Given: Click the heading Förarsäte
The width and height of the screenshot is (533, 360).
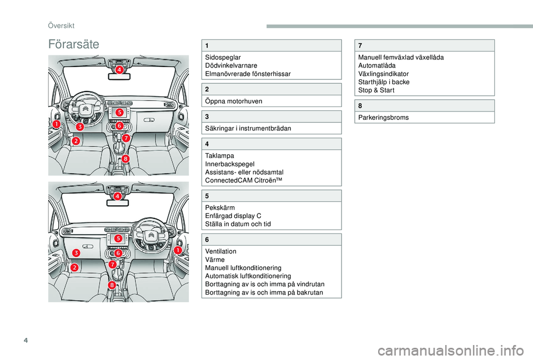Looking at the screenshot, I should click(74, 44).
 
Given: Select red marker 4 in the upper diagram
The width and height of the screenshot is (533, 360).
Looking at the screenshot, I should click(119, 70).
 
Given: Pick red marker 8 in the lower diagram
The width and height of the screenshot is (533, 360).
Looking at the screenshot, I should click(112, 285).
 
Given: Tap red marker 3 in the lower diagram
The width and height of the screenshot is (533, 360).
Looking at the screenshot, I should click(76, 253).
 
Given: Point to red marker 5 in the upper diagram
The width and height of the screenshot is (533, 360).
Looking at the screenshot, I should click(119, 113).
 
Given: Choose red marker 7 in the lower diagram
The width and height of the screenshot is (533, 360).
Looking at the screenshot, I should click(112, 265).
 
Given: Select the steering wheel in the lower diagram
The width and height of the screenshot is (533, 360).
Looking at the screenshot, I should click(150, 235).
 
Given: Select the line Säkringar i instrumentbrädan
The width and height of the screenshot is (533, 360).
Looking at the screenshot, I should click(247, 129).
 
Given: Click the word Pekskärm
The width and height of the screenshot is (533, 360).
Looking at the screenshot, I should click(219, 207).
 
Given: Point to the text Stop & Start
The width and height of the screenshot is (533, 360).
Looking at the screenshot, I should click(377, 90).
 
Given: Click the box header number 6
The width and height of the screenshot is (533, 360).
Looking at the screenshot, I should click(207, 239).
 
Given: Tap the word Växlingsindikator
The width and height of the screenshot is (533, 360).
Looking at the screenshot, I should click(384, 73).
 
